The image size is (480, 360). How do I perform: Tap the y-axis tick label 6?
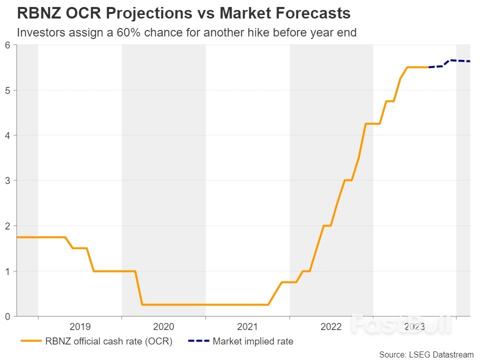coord(7,45)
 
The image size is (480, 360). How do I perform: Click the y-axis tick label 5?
coord(7,90)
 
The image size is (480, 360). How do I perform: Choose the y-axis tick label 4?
coord(7,135)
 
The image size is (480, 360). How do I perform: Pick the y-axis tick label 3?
coord(7,180)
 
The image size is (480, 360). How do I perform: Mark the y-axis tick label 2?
coord(7,226)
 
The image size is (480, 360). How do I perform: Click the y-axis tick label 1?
coord(7,271)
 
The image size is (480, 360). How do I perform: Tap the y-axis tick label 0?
coord(7,316)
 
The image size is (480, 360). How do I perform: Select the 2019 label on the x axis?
coord(79,327)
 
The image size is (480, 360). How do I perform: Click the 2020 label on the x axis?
coord(163,327)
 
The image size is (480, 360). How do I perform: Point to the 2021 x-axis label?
coord(247,327)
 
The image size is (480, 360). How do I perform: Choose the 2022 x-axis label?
coord(331,327)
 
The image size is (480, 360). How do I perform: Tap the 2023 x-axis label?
coord(414,327)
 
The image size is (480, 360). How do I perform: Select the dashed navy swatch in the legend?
coord(198,342)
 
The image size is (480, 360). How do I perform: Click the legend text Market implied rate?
coord(252,342)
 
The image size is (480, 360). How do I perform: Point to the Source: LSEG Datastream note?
coord(426,354)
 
